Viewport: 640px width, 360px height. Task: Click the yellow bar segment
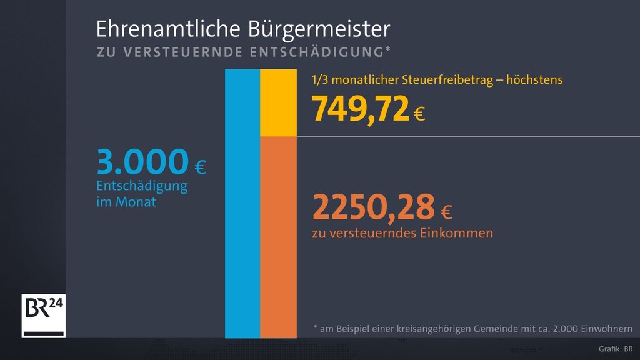coord(278,102)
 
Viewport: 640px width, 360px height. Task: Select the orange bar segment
coord(278,237)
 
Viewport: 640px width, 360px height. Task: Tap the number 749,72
coord(361,108)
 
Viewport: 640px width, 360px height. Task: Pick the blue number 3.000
coord(142,162)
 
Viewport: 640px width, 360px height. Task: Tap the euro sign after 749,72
coord(419,114)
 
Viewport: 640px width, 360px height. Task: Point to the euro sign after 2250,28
coord(446,213)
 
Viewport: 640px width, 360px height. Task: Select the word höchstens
coord(534,80)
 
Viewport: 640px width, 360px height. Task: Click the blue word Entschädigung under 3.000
coord(142,186)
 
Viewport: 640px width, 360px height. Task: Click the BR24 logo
coord(43,315)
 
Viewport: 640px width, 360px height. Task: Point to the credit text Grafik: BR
coord(616,349)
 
